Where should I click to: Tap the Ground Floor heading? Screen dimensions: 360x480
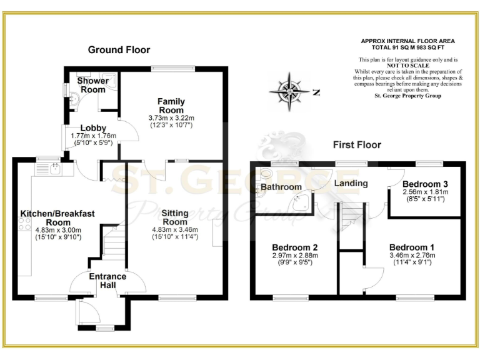119,50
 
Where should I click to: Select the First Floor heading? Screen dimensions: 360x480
356,145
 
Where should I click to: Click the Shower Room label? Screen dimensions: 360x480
92,86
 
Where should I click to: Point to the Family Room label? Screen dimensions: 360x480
171,106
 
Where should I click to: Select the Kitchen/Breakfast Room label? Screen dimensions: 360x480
57,217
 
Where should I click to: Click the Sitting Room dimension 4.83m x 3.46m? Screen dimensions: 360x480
175,230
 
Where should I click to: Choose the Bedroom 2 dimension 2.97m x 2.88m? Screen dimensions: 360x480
294,255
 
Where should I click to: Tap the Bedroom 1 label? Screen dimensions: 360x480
412,246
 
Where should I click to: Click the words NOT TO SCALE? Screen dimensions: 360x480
407,65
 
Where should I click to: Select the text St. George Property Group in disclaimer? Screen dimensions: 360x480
407,96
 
